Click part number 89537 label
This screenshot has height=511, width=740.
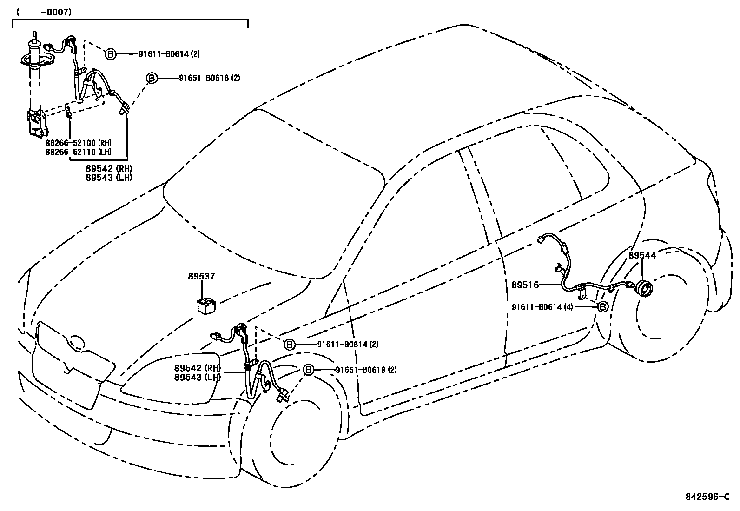coord(201,276)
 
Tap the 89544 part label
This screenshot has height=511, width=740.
coord(642,255)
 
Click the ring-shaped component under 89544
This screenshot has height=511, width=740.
coord(644,289)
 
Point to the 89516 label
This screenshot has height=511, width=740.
coord(525,285)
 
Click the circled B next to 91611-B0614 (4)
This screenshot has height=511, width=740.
coord(602,307)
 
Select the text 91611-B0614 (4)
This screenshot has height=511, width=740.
coord(542,307)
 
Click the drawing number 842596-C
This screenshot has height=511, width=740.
coord(707,497)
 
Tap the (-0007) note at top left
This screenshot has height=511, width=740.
coord(44,13)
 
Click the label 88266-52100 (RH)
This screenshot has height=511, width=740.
coord(79,143)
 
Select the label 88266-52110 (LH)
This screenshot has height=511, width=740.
coord(79,152)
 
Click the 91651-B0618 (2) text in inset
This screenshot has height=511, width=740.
coord(209,78)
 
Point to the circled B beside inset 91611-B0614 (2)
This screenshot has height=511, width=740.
coord(110,54)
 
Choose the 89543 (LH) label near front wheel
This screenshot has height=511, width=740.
coord(198,378)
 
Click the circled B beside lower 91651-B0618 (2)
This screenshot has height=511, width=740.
coord(308,370)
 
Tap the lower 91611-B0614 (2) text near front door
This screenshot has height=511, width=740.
coord(348,345)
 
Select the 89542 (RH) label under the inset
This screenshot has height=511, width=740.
coord(109,168)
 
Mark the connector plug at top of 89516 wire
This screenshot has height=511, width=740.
coord(540,240)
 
